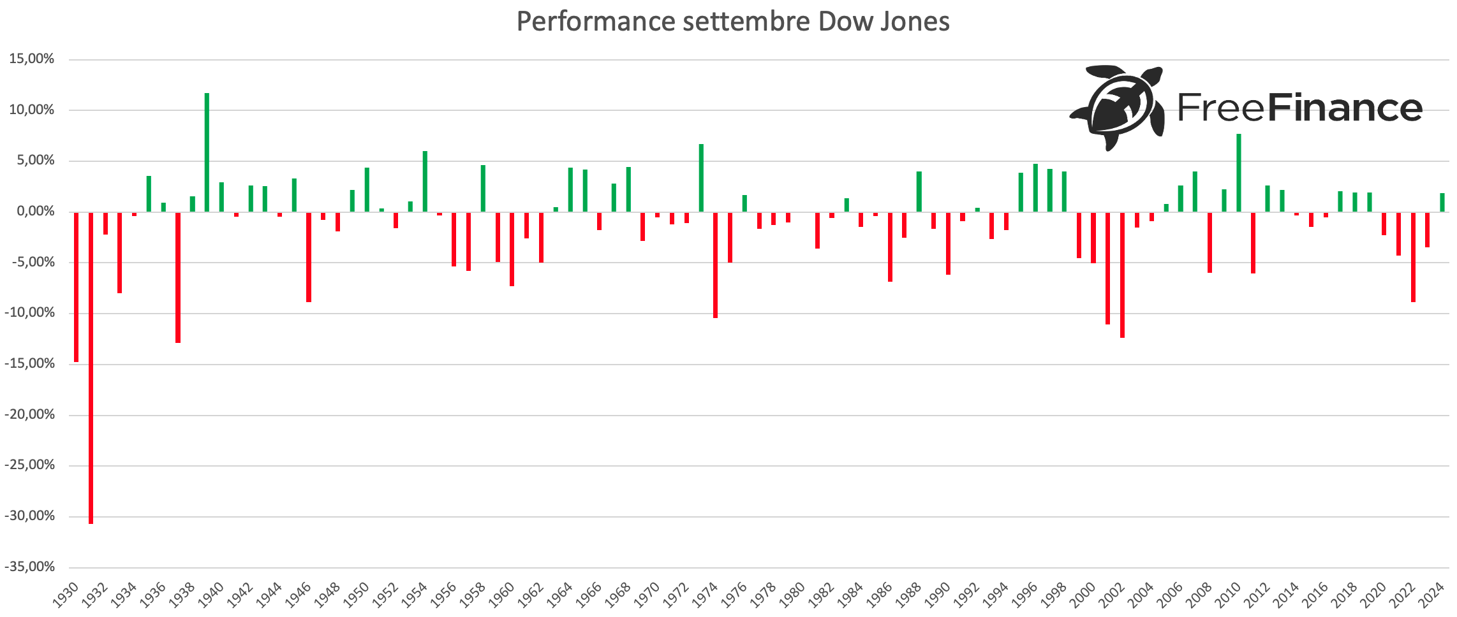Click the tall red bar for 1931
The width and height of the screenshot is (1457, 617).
pos(91,367)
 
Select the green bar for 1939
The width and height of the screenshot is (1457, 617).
pos(207,152)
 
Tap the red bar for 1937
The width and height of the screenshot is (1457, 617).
pos(178,277)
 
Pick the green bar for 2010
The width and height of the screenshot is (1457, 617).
pos(1239,173)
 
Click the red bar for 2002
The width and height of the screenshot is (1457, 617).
pos(1122,275)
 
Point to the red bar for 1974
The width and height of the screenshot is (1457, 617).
pos(715,265)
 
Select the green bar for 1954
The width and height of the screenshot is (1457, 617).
pos(425,181)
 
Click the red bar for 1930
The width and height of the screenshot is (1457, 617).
pos(77,287)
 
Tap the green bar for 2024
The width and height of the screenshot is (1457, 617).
pos(1442,202)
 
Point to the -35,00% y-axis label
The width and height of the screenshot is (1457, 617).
pos(29,567)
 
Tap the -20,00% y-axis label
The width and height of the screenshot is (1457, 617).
pos(29,415)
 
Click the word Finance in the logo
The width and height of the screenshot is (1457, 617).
pos(1345,108)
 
